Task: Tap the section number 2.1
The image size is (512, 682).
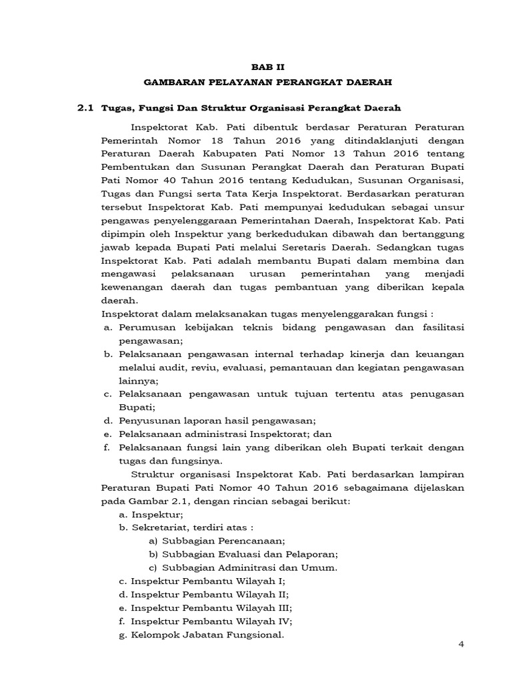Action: click(88, 107)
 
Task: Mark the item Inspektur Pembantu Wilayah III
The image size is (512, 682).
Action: click(211, 607)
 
